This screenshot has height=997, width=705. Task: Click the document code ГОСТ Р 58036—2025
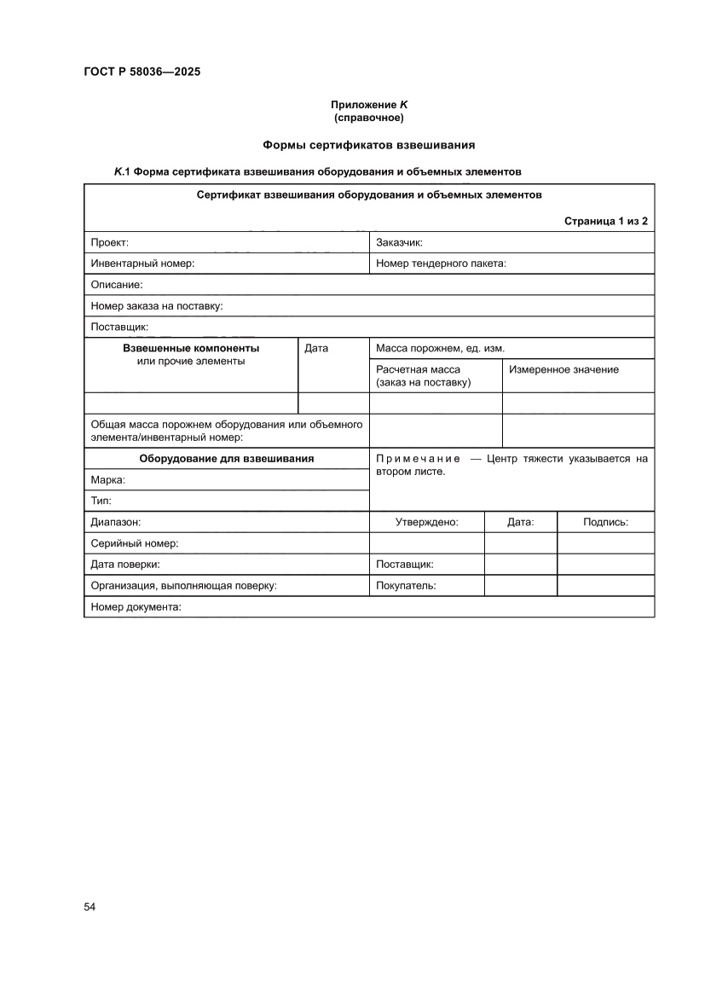[x=142, y=72]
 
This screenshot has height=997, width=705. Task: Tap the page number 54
[x=90, y=906]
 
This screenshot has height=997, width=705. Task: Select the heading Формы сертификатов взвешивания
[x=368, y=145]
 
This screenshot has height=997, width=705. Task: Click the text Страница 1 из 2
[x=605, y=221]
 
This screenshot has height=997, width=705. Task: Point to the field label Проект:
[x=110, y=243]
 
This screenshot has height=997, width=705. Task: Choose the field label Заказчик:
[x=399, y=243]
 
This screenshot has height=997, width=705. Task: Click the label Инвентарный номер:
[x=142, y=264]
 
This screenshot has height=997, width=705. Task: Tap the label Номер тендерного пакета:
[x=441, y=264]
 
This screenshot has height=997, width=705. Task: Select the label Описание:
[x=117, y=285]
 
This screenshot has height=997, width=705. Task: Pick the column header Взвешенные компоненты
[x=191, y=348]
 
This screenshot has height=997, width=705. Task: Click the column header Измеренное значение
[x=563, y=369]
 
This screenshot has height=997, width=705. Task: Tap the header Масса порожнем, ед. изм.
[x=441, y=348]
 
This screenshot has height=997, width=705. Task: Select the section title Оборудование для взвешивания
[x=227, y=458]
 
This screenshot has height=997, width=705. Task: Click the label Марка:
[x=108, y=480]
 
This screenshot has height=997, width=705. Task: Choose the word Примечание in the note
[x=418, y=459]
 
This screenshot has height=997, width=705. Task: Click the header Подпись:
[x=605, y=522]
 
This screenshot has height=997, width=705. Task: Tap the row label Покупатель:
[x=406, y=586]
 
